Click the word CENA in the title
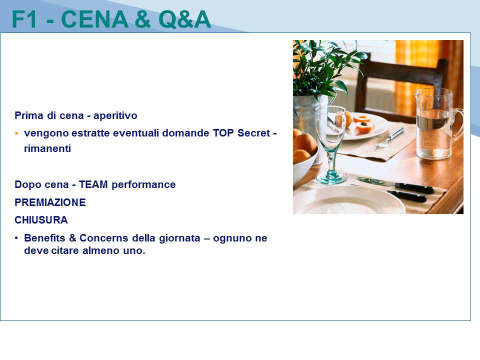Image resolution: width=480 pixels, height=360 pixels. point(94,19)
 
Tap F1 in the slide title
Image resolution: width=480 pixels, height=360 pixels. point(24,19)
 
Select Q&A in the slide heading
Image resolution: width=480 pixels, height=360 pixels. point(184,19)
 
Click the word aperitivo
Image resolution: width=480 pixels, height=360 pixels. point(115,115)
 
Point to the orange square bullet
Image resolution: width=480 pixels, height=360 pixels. point(16,133)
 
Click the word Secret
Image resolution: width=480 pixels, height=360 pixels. point(254,133)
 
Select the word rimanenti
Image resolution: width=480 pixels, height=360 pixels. point(47,148)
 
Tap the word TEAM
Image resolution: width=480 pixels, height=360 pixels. point(93,184)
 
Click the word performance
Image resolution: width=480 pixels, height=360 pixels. point(143,185)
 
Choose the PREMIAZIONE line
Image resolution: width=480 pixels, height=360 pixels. point(50,202)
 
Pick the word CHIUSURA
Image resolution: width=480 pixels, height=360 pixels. point(41,220)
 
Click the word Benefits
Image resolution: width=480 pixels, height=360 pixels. point(44,238)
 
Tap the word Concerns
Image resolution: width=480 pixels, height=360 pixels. point(103,238)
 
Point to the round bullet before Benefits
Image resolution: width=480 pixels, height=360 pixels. point(16,238)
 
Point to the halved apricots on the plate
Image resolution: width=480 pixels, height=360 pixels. point(363,123)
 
